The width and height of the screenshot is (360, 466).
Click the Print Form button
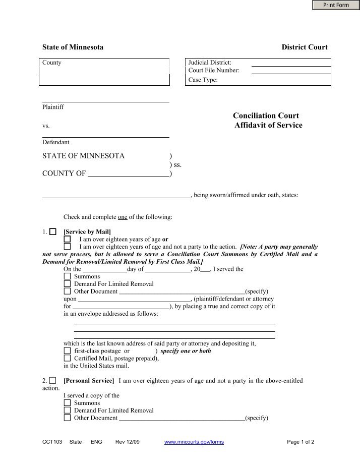[x=336, y=5]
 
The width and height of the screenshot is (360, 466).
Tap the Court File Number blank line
[x=290, y=71]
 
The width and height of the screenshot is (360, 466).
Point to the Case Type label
[x=203, y=80]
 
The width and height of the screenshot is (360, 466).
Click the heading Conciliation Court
[x=266, y=116]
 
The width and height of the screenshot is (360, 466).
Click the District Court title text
[x=304, y=47]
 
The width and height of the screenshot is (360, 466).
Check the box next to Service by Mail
[x=53, y=231]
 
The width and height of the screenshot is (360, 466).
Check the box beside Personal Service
[x=53, y=380]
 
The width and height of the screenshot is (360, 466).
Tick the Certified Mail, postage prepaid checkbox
[x=67, y=359]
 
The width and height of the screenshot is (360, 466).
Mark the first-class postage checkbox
[x=67, y=351]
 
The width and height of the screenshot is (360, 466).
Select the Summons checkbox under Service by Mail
[x=67, y=276]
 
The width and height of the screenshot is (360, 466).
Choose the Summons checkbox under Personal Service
[x=67, y=403]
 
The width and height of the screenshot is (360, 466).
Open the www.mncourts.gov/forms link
[x=194, y=442]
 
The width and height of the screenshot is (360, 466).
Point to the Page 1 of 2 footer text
[x=301, y=442]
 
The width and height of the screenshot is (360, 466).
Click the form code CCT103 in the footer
[x=52, y=442]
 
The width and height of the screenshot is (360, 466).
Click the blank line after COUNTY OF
[x=129, y=174]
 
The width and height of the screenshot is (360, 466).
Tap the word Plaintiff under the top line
[x=53, y=107]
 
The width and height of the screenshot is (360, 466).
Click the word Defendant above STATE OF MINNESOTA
[x=55, y=142]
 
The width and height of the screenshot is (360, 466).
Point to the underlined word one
[x=123, y=217]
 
